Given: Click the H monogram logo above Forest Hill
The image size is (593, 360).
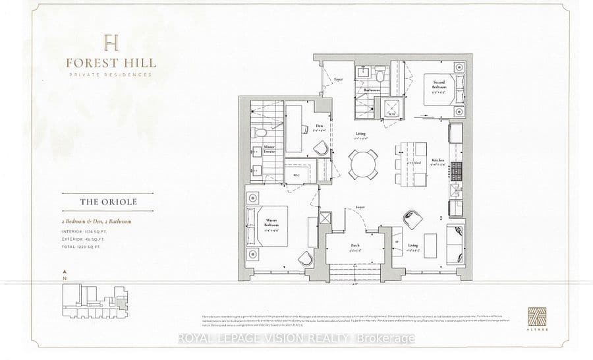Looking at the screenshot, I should click(x=111, y=43).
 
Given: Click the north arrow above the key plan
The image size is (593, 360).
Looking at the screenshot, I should click(x=63, y=272).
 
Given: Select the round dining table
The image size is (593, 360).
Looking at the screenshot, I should click(x=364, y=162).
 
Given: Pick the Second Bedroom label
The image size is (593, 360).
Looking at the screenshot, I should click(x=439, y=84).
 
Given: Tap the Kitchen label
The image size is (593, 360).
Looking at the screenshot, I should click(x=438, y=162).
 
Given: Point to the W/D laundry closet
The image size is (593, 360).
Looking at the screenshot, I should click(x=383, y=107).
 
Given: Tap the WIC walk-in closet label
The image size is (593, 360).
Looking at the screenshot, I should click(x=296, y=175).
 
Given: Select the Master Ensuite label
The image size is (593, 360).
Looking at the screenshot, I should click(x=269, y=150).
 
